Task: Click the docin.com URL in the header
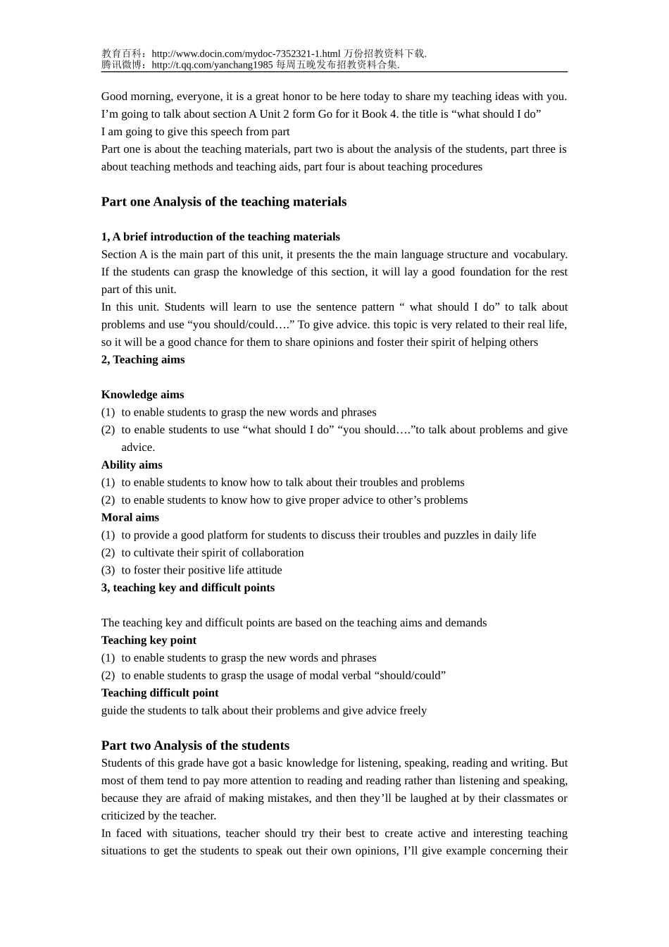246,54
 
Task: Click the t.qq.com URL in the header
211,65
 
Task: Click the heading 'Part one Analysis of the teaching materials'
224,202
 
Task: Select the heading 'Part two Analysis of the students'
195,745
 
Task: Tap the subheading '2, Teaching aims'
143,359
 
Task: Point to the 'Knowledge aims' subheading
142,395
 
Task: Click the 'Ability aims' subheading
132,465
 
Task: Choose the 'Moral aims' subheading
130,517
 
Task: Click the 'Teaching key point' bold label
149,640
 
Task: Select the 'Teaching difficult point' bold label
160,693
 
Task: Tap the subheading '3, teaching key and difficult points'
188,588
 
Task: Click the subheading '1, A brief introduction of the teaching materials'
220,237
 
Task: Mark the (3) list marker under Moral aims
108,570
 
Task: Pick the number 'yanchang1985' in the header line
244,65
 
